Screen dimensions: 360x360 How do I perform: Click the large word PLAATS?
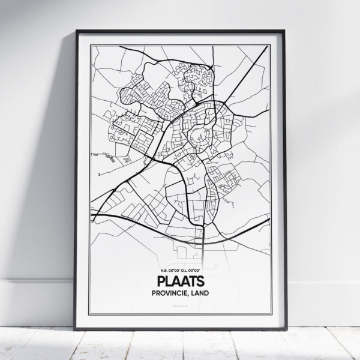point(181,280)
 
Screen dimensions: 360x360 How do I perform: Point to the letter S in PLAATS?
point(202,280)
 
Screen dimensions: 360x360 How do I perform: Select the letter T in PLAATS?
point(193,280)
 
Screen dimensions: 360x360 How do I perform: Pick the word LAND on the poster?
point(205,293)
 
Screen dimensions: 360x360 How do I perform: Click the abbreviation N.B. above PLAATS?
point(157,268)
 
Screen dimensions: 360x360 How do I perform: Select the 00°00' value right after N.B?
point(171,268)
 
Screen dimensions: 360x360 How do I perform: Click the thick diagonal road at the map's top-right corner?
point(262,56)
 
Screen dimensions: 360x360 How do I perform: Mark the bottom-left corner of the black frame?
point(75,329)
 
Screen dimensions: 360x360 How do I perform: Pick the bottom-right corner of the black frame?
point(286,329)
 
